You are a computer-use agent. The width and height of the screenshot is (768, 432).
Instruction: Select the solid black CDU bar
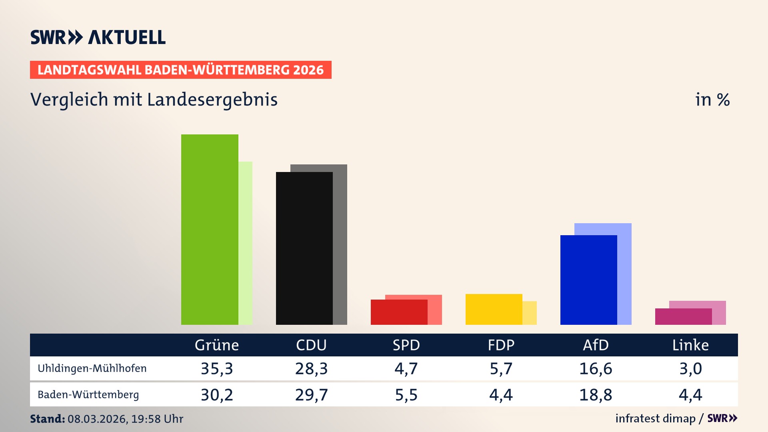click(304, 248)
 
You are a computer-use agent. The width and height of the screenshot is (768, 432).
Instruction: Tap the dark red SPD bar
click(399, 312)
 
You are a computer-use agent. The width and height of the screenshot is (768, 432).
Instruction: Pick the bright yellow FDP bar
click(494, 309)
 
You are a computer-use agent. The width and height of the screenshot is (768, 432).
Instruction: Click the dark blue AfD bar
click(588, 280)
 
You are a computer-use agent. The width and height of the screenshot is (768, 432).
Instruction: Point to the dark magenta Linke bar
click(683, 316)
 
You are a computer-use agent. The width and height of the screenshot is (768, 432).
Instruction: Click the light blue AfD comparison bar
click(624, 272)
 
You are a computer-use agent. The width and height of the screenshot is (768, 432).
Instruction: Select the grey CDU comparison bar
click(340, 244)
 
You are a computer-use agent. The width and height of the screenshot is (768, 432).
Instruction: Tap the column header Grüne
click(216, 345)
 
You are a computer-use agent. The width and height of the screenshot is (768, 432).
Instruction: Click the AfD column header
click(596, 345)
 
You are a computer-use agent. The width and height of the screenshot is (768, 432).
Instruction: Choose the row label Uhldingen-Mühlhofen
click(92, 368)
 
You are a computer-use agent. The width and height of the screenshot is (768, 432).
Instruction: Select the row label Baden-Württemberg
click(88, 394)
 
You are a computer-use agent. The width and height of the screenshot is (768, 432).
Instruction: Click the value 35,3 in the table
click(216, 368)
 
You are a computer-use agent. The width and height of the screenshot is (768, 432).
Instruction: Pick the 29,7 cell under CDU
click(311, 395)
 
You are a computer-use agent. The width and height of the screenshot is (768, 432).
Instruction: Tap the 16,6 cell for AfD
click(596, 368)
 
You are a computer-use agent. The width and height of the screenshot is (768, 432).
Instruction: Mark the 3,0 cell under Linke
click(690, 368)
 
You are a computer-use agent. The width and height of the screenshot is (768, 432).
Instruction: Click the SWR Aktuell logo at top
click(98, 37)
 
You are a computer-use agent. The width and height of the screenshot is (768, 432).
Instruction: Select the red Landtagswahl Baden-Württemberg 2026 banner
click(180, 70)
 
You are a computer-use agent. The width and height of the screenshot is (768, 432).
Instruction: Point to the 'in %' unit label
click(712, 100)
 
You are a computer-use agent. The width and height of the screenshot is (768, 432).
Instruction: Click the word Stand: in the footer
click(47, 419)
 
